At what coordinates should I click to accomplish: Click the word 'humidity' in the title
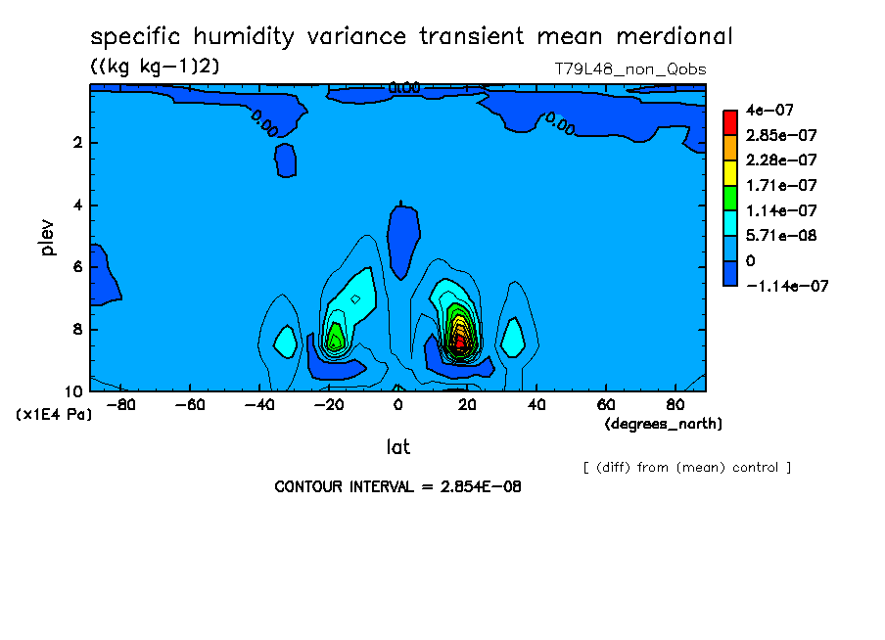click(243, 37)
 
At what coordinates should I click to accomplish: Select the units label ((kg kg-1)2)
click(155, 66)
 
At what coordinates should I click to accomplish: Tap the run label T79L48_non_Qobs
click(630, 69)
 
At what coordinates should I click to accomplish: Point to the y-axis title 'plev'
click(47, 238)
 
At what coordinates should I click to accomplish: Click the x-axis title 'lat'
click(397, 447)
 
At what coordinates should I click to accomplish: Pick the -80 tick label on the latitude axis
click(120, 405)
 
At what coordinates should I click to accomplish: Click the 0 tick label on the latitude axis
click(397, 405)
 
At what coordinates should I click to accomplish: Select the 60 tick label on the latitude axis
click(606, 405)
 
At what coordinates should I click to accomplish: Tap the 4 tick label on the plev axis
click(78, 205)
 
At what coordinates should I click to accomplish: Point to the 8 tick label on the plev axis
click(78, 329)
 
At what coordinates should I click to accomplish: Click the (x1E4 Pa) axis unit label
click(54, 415)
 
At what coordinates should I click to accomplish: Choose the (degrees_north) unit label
click(663, 424)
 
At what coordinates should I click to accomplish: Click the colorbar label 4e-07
click(769, 110)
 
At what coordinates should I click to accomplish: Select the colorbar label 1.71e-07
click(781, 185)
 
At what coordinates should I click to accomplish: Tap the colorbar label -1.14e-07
click(787, 286)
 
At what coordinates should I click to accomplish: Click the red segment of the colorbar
click(730, 122)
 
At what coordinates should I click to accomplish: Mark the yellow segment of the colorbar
click(730, 172)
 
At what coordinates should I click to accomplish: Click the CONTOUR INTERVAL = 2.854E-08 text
click(397, 486)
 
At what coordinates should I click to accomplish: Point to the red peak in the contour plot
click(460, 341)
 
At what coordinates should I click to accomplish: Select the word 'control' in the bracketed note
click(755, 468)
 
